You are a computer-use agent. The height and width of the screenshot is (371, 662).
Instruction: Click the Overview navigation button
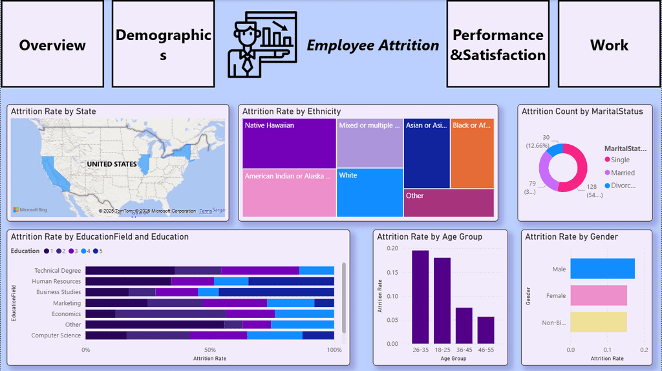tap(52, 45)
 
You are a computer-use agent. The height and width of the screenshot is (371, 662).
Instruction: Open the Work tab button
tap(609, 45)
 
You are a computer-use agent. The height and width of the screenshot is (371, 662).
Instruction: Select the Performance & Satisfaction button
tap(498, 45)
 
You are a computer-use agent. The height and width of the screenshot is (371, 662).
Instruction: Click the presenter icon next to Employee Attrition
tap(262, 44)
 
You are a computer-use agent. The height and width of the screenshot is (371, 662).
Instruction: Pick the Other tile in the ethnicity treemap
tap(449, 203)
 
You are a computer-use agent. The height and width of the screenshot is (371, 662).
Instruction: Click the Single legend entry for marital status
tap(620, 160)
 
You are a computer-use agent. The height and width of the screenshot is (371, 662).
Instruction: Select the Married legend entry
tap(623, 173)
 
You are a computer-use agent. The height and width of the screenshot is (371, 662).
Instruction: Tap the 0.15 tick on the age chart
tap(392, 272)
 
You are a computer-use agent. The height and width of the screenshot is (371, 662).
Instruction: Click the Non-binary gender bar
tap(599, 322)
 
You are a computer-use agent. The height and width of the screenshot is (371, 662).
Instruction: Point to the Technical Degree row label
tap(58, 271)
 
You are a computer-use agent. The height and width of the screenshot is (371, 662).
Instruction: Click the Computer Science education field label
tap(56, 335)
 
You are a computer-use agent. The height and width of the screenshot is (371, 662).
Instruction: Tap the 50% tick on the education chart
tap(209, 350)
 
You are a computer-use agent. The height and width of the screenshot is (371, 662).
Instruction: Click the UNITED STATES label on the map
tap(112, 164)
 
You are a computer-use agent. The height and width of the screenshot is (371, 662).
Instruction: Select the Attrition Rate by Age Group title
tap(429, 237)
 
